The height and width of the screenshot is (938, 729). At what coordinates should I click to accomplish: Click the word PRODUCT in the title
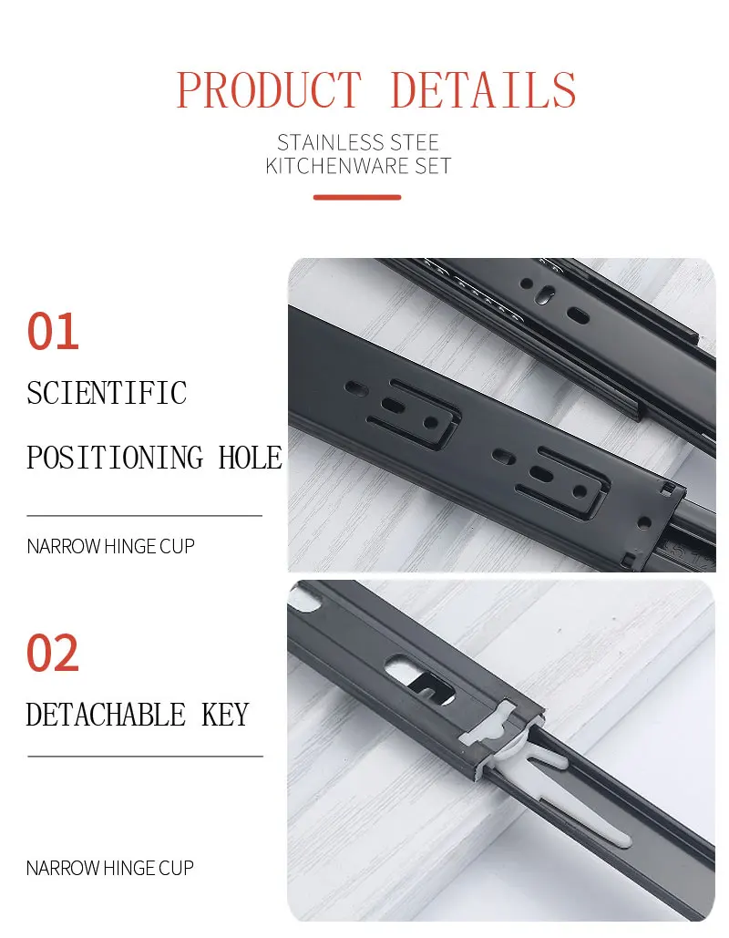(269, 90)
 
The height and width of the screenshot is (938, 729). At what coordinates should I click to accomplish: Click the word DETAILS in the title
(483, 90)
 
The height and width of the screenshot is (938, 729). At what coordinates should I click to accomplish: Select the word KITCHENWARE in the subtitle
(332, 166)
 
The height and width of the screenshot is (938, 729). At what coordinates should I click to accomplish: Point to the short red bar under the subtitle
(357, 197)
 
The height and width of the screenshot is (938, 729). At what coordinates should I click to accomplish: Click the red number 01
(53, 332)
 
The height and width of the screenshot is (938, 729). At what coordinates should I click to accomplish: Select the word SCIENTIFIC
(107, 393)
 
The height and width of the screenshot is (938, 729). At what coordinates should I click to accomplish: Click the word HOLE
(251, 457)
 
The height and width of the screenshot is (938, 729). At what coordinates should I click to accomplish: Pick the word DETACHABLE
(106, 715)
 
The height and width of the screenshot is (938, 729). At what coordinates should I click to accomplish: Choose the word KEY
(225, 715)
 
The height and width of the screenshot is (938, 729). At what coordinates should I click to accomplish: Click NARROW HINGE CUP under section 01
(110, 547)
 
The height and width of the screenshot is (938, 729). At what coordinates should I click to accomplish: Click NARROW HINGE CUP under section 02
(110, 868)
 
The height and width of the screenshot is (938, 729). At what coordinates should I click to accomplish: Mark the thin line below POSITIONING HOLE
(145, 516)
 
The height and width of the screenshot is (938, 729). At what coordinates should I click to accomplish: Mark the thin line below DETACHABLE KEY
(145, 756)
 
